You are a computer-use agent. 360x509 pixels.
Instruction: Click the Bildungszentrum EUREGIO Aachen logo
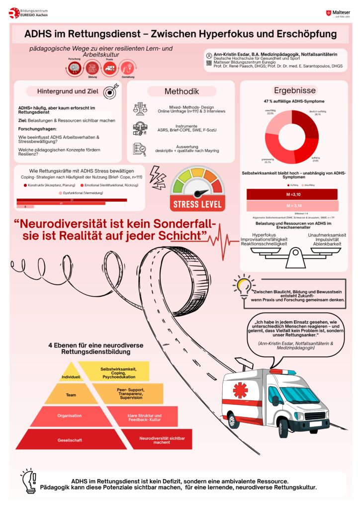[x=29, y=13]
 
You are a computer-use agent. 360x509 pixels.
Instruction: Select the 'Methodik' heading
[x=181, y=91]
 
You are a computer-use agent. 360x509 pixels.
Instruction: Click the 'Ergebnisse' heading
[x=294, y=90]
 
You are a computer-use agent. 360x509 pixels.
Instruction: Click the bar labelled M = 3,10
[x=292, y=194]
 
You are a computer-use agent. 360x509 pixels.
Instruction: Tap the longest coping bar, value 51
[x=75, y=200]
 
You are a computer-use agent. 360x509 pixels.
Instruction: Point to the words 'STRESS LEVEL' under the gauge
[x=197, y=204]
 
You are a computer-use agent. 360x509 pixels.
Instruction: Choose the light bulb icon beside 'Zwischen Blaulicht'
[x=243, y=287]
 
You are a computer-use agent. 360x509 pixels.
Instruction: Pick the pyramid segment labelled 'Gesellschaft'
[x=69, y=439]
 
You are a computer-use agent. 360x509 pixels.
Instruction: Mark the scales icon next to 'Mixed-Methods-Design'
[x=140, y=108]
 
